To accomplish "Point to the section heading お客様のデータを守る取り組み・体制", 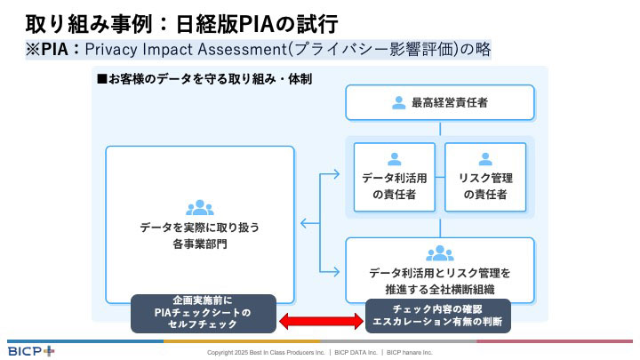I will pyautogui.click(x=209, y=79).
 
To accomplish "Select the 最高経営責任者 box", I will pyautogui.click(x=440, y=102).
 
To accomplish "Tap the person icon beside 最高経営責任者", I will pyautogui.click(x=398, y=102).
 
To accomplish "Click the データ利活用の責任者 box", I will pyautogui.click(x=395, y=177).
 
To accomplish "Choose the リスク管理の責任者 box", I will pyautogui.click(x=485, y=177).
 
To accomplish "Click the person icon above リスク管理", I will pyautogui.click(x=485, y=159).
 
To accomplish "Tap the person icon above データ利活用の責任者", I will pyautogui.click(x=395, y=159).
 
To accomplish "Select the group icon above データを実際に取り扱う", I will pyautogui.click(x=199, y=208).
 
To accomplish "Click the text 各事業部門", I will pyautogui.click(x=199, y=244).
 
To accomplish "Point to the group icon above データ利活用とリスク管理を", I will pyautogui.click(x=440, y=252).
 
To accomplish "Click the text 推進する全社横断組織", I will pyautogui.click(x=440, y=289).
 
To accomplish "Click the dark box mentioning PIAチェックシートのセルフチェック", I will pyautogui.click(x=204, y=313).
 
